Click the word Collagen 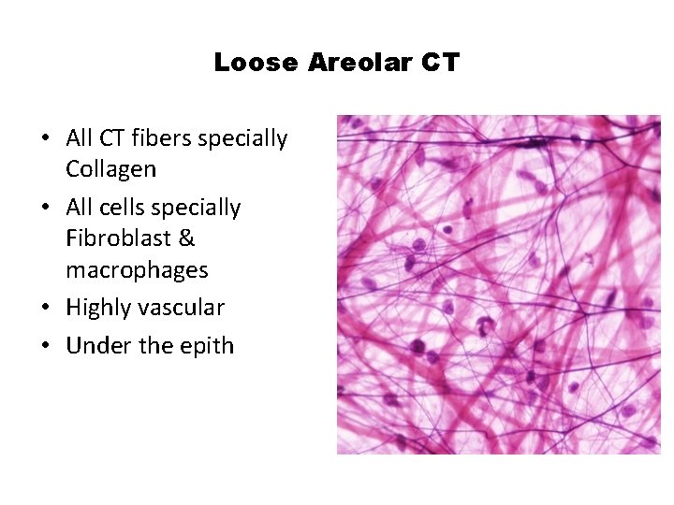[110, 169]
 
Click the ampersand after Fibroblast [186, 238]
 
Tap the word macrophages [137, 270]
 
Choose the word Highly [96, 308]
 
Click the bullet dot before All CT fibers [44, 139]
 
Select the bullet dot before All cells [44, 208]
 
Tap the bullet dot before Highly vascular [44, 309]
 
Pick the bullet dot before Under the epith [44, 346]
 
